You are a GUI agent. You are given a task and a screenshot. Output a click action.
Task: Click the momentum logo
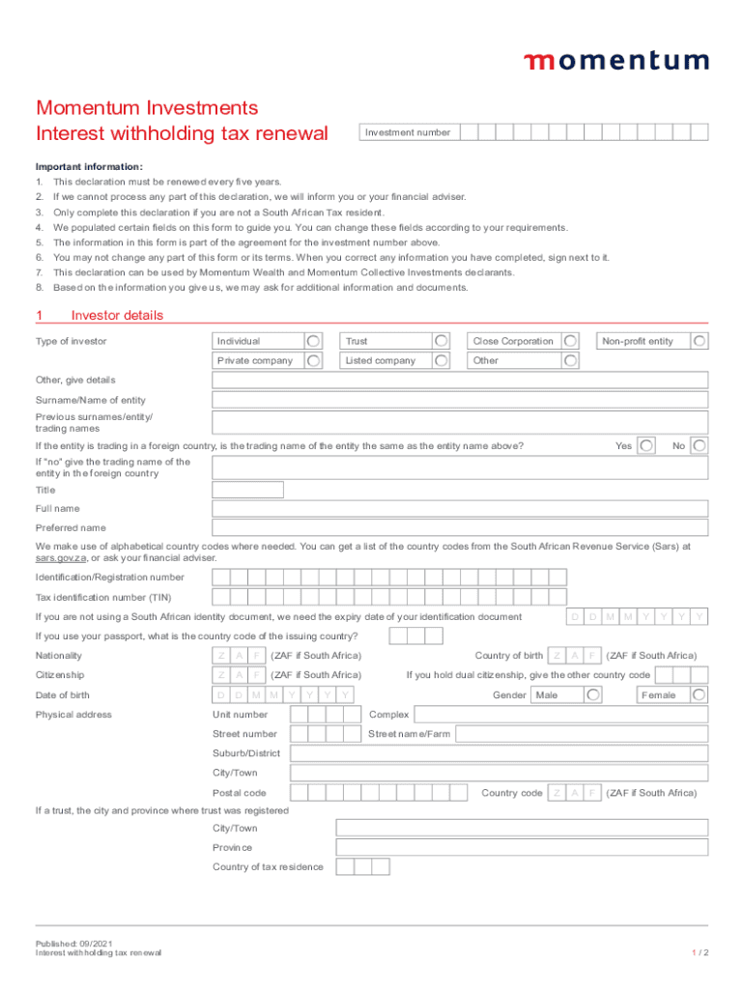pos(615,61)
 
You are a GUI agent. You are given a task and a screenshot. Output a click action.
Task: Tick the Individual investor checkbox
pos(314,341)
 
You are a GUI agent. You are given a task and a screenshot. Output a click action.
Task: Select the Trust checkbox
pos(441,341)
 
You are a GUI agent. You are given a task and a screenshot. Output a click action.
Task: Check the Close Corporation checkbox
pos(571,341)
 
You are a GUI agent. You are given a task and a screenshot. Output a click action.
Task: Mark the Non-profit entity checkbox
pos(700,341)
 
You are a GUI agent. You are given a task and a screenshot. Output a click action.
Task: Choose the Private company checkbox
pos(314,360)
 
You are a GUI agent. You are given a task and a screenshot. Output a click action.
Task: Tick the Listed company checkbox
pos(441,360)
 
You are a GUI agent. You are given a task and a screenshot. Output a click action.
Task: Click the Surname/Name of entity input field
pos(460,400)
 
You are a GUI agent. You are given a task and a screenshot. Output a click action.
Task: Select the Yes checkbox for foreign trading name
pos(647,445)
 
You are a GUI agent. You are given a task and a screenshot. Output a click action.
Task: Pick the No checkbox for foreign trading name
pos(700,445)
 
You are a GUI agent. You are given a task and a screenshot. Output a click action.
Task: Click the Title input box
pos(247,490)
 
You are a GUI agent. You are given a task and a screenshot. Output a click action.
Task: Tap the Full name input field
pos(460,509)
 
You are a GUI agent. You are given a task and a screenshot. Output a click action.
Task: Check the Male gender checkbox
pos(594,695)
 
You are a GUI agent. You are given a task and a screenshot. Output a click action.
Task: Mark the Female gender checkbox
pos(700,695)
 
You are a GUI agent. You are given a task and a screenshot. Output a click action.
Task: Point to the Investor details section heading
pos(117,316)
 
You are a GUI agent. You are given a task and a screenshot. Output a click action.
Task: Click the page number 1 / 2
pos(701,952)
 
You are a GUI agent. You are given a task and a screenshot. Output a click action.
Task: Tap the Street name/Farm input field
pos(580,734)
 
